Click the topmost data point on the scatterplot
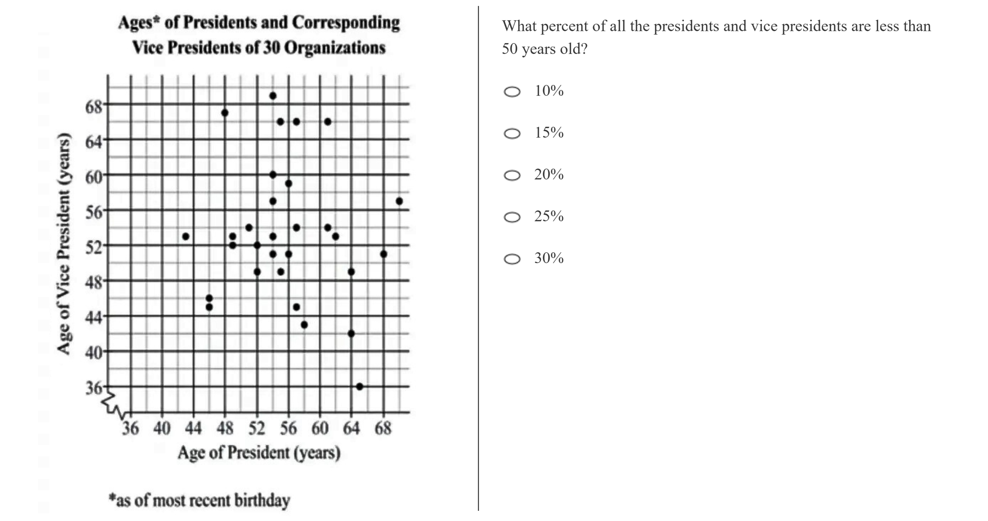(x=273, y=96)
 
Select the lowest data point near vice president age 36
(x=359, y=386)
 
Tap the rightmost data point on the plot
(x=399, y=201)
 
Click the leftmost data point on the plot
(x=186, y=237)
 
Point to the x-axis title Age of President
(x=259, y=453)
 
